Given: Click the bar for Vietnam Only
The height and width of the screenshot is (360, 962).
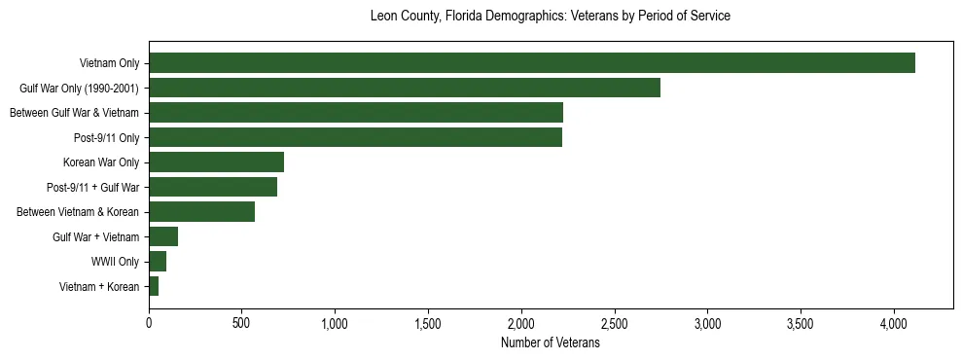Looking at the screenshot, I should tap(532, 63).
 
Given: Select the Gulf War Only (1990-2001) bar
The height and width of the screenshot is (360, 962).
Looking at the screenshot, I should tap(405, 88).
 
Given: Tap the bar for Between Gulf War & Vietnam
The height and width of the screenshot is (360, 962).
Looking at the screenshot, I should tap(356, 113).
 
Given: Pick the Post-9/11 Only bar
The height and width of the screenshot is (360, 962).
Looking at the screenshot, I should tap(355, 137).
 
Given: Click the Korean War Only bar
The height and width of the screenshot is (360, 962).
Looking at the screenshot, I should tap(216, 162).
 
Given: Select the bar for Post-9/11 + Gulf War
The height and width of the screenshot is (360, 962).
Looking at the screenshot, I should tap(213, 187).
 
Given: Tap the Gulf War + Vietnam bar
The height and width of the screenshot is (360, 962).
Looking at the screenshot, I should tap(163, 236).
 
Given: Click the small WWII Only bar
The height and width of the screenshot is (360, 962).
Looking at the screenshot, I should tap(158, 262).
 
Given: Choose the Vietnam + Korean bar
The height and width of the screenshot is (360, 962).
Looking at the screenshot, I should tap(154, 286).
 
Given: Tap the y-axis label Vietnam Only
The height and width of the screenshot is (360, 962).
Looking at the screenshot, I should tap(109, 63).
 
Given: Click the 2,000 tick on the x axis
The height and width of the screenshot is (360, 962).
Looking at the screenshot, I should tap(521, 322).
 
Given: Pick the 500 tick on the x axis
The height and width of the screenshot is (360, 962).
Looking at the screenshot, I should tap(242, 322).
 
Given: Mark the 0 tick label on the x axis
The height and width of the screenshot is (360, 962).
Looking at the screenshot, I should tap(149, 322).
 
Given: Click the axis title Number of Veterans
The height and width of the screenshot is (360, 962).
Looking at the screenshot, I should tap(550, 343).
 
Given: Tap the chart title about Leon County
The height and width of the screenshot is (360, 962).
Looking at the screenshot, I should tap(550, 17).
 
